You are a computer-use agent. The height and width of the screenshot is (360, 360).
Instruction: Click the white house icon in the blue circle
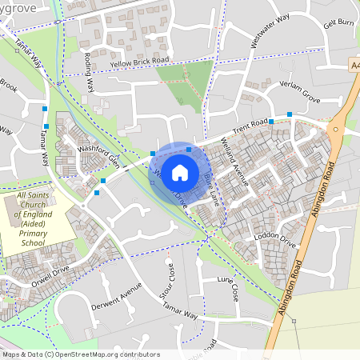pyautogui.click(x=180, y=172)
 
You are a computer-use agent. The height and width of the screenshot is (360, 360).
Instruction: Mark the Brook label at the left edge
pyautogui.click(x=8, y=83)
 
